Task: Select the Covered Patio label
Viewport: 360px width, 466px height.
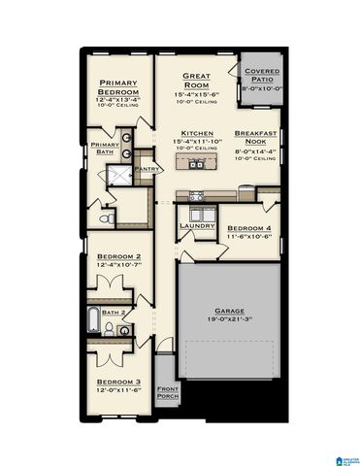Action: (x=261, y=76)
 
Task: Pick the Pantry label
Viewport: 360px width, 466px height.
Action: (x=147, y=169)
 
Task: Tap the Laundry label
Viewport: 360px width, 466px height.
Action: (x=196, y=226)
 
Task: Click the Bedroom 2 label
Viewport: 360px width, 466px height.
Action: (x=118, y=254)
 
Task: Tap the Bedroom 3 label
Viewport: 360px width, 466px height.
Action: (x=118, y=382)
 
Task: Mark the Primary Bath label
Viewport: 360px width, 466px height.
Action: (x=105, y=149)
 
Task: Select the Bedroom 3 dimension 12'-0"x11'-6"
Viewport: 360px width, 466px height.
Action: (x=118, y=390)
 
